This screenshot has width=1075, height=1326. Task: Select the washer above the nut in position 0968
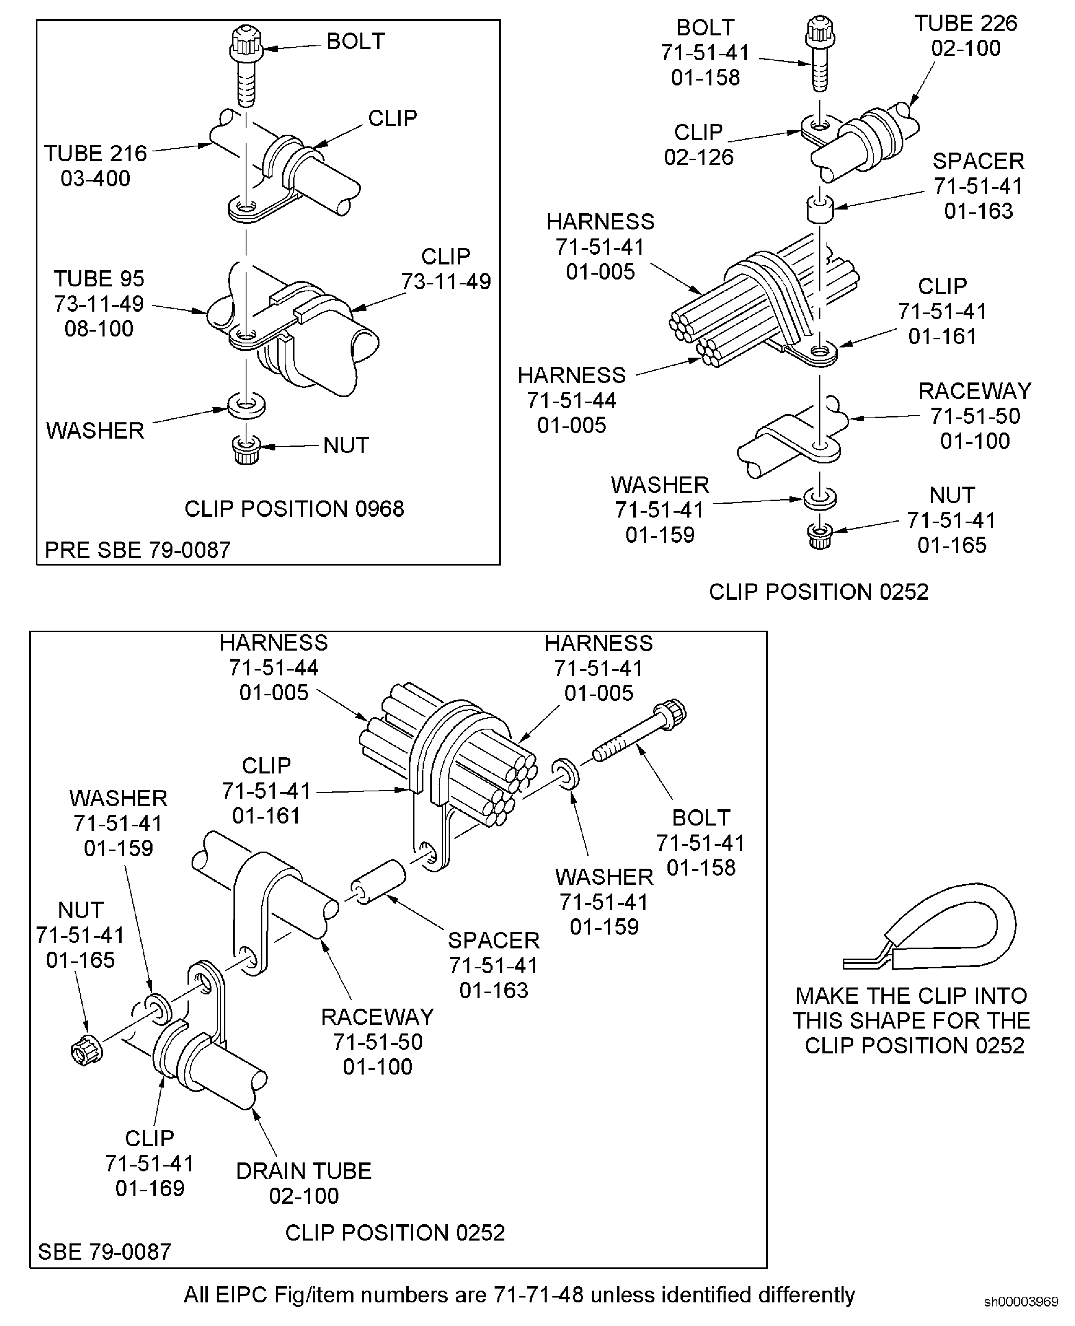click(246, 406)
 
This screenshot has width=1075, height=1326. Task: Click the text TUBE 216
click(95, 153)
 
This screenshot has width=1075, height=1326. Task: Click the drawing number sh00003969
click(1021, 1302)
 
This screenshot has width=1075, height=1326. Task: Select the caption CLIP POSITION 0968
click(294, 509)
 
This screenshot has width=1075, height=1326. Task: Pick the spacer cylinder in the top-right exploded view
click(819, 209)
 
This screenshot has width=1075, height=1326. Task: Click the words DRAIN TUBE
click(303, 1171)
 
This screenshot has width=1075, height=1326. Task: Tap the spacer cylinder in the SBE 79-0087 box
click(378, 881)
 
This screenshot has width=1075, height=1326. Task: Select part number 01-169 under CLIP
click(150, 1188)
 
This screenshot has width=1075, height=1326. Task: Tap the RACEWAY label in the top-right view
click(975, 391)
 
